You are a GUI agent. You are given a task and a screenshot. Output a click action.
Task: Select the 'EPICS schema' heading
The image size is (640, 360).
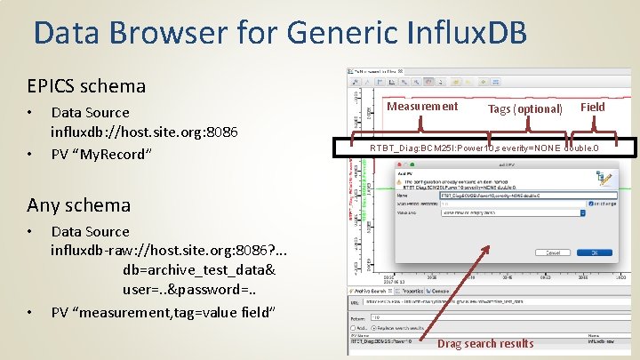point(86,86)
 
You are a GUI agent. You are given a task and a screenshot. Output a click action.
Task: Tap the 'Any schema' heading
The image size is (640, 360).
point(79,204)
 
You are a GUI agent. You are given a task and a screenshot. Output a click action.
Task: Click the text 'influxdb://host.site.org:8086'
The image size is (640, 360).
point(144,132)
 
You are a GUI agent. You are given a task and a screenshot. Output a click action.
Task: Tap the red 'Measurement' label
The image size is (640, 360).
point(423,107)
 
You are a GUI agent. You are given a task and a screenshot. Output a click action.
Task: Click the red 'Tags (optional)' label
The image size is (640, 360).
point(525,108)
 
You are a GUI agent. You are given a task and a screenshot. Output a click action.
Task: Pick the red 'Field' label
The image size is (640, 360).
point(593,107)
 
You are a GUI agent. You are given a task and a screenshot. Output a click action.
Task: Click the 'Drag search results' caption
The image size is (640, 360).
point(486,344)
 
